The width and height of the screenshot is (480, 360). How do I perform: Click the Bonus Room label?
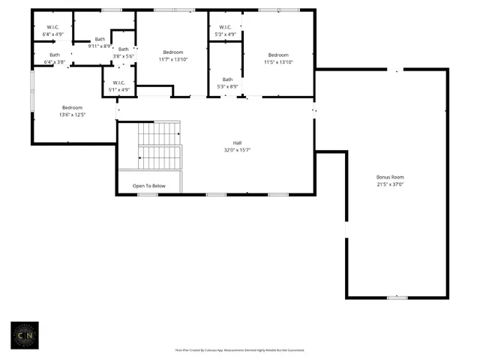click(x=389, y=177)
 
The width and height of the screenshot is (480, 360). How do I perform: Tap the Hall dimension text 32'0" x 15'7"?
click(x=236, y=149)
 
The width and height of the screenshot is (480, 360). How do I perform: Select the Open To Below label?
click(x=149, y=185)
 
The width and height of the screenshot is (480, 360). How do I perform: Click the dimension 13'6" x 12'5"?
click(x=73, y=115)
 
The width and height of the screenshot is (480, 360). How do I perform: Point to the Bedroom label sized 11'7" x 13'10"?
click(x=173, y=52)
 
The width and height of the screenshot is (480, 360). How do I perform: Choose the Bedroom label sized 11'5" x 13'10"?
click(x=278, y=55)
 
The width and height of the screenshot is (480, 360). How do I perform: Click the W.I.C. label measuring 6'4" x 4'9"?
click(x=44, y=28)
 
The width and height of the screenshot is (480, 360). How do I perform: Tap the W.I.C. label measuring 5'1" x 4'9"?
click(x=119, y=82)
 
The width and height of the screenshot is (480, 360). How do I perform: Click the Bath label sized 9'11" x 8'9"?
click(x=100, y=39)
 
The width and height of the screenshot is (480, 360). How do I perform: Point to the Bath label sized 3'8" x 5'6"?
click(x=123, y=49)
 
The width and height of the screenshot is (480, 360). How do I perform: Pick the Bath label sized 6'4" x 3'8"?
click(x=55, y=55)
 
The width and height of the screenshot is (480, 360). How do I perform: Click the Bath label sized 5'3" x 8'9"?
click(x=226, y=79)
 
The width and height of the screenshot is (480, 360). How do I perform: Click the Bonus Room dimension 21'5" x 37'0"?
click(x=389, y=184)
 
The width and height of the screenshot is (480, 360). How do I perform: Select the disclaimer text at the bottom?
click(x=239, y=349)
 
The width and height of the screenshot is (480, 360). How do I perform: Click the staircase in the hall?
click(x=159, y=146)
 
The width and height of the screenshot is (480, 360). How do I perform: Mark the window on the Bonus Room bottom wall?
click(x=397, y=298)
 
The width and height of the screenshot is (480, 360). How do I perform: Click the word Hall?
click(x=236, y=142)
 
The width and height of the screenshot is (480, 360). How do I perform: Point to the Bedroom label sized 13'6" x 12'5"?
click(x=73, y=107)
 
